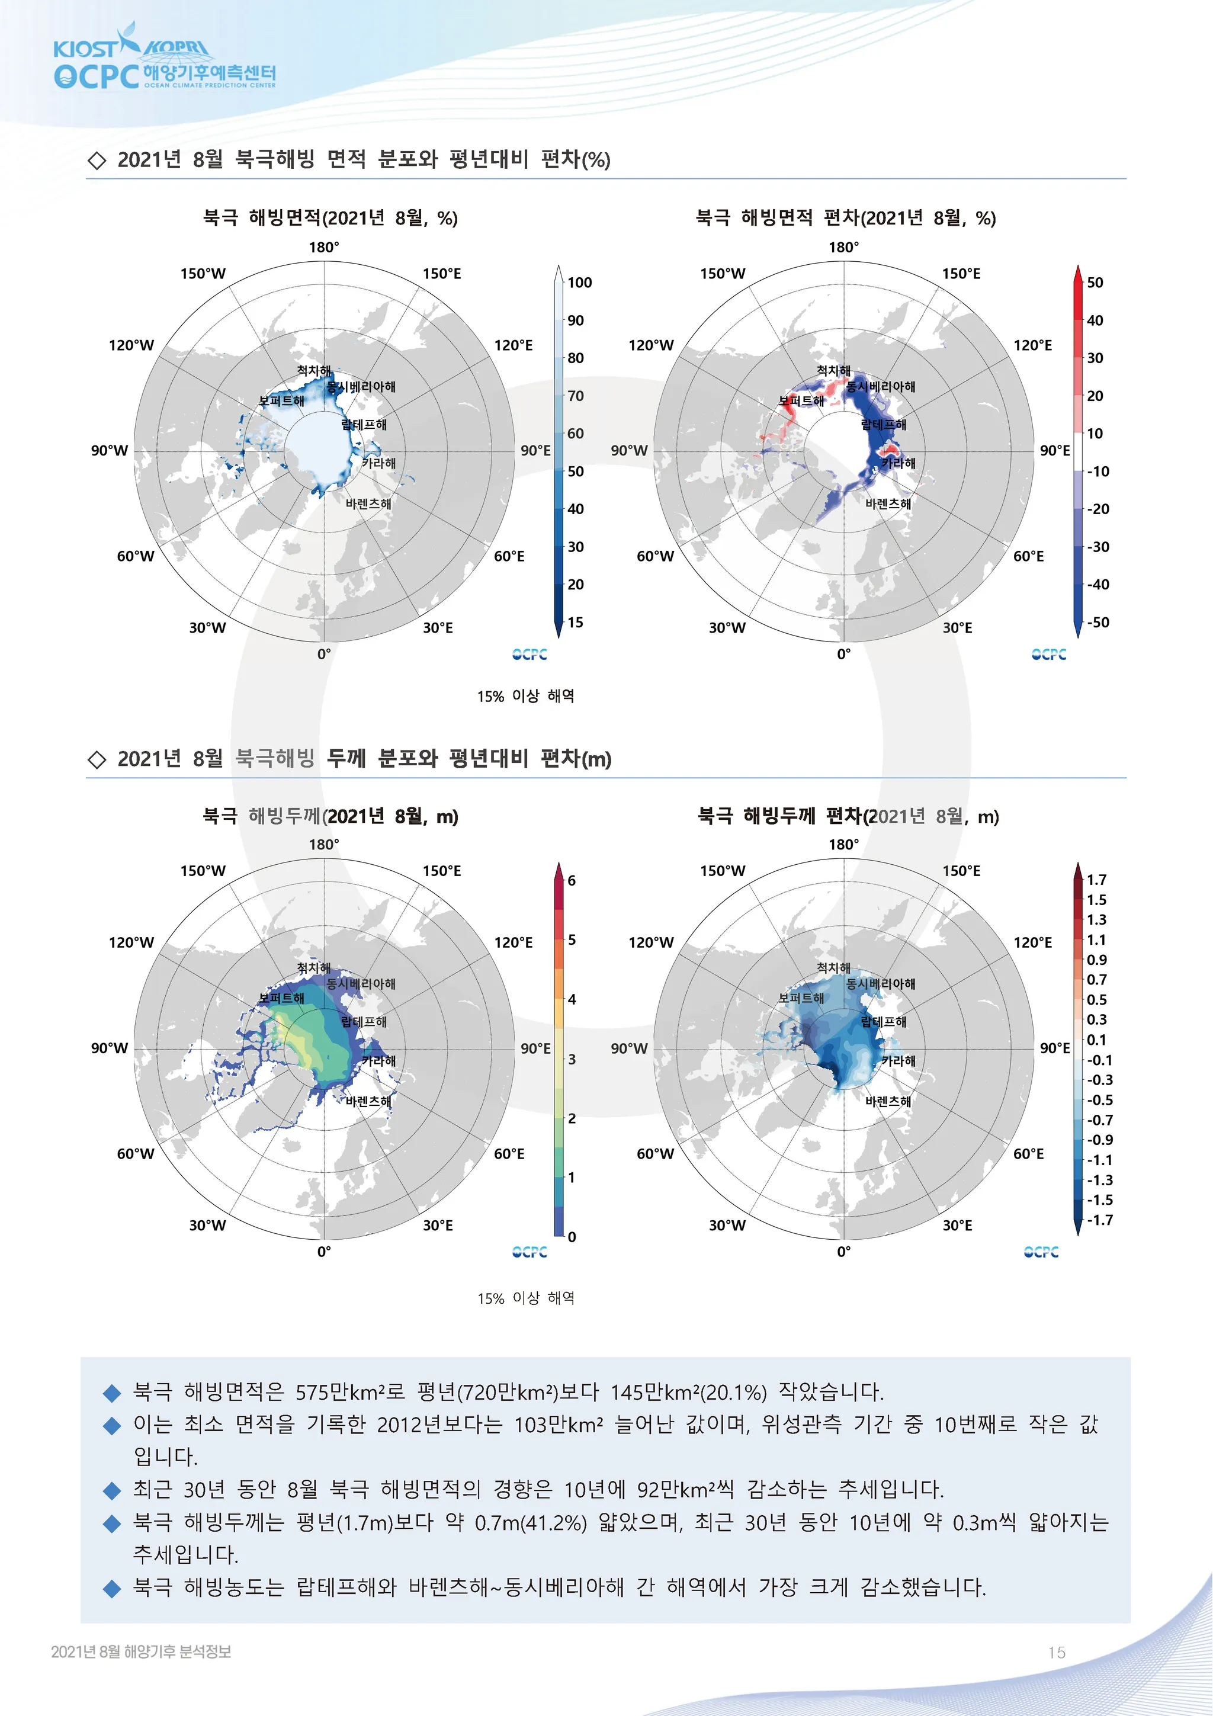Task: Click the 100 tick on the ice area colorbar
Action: (x=579, y=283)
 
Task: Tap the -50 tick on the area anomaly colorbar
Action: (x=1097, y=622)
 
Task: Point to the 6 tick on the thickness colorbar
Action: (x=572, y=880)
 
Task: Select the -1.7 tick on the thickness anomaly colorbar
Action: (x=1099, y=1220)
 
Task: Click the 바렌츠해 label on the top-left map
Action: (x=368, y=503)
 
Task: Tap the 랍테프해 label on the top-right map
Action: (x=884, y=425)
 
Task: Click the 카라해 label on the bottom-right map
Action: (x=898, y=1060)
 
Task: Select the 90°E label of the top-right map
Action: (x=1054, y=451)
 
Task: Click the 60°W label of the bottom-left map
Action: (x=135, y=1154)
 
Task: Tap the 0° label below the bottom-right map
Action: (x=843, y=1251)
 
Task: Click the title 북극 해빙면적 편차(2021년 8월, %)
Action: (x=845, y=218)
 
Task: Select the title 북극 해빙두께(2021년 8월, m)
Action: (x=330, y=816)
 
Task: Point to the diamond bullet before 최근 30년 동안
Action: (x=112, y=1490)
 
